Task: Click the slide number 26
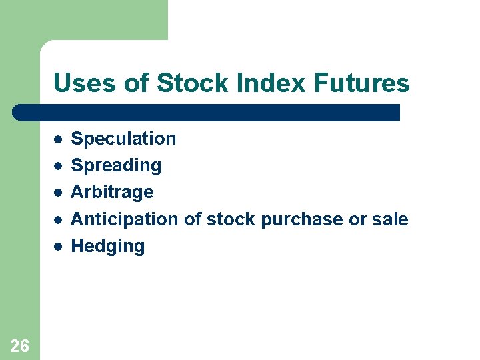point(20,345)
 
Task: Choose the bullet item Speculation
point(123,139)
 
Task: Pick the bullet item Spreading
point(116,165)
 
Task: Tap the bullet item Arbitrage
point(112,192)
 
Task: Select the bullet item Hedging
point(107,246)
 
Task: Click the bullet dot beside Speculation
point(58,139)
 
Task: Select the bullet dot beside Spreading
point(58,166)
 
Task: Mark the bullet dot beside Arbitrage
point(58,193)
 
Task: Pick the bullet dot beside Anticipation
point(58,219)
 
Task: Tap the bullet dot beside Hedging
point(58,246)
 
